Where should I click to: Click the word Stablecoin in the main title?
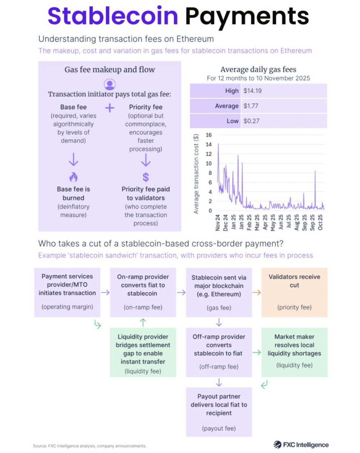(x=113, y=16)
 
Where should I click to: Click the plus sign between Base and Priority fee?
(x=110, y=108)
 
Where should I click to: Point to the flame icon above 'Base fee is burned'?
(x=73, y=177)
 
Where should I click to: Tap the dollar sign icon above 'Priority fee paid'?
(x=145, y=177)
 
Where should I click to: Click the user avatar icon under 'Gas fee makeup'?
(x=109, y=84)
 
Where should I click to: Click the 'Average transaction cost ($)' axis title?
(x=196, y=173)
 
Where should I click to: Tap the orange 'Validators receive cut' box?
(x=294, y=292)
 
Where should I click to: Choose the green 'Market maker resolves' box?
(x=294, y=352)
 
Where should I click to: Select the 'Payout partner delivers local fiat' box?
(x=219, y=413)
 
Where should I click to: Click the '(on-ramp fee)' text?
(x=143, y=307)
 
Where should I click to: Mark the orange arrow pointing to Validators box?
(x=256, y=292)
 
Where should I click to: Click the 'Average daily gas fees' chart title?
(x=258, y=69)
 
